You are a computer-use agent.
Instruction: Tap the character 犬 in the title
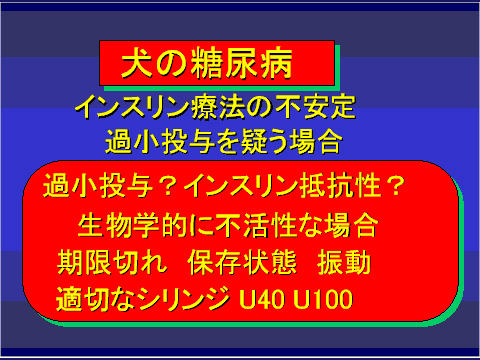pos(136,65)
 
